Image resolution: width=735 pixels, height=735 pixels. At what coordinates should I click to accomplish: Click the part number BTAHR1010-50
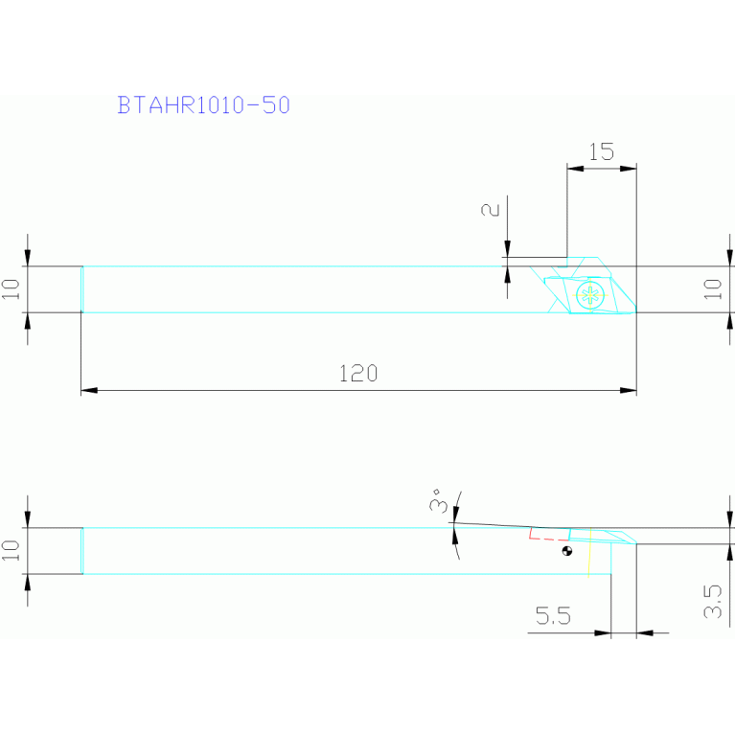coord(203,105)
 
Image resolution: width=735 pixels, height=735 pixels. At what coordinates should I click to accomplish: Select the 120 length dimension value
coord(358,374)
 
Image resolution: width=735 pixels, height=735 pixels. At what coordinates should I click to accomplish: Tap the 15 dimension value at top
coord(602,151)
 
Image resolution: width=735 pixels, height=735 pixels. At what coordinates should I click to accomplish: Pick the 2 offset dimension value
coord(491,210)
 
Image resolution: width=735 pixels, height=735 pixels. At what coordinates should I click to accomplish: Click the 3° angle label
coord(438,500)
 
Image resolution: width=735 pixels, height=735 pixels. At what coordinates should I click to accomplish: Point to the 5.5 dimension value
coord(553,615)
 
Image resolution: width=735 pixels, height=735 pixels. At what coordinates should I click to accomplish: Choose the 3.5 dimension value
coord(713,602)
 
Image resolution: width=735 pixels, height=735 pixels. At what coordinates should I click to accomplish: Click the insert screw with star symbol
coord(590,295)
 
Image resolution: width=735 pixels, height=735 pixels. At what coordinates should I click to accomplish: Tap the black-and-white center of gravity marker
coord(567,551)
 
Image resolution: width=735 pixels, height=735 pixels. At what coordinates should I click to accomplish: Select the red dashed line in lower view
coord(549,536)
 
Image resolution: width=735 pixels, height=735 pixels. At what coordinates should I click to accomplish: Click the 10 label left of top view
coord(11,289)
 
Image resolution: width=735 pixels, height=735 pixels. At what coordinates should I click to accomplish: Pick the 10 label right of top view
coord(713,289)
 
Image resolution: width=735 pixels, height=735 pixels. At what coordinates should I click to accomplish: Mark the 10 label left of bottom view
coord(11,550)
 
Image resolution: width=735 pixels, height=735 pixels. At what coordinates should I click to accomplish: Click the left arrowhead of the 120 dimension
coord(89,390)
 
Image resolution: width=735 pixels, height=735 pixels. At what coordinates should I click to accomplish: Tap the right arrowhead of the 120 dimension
coord(628,390)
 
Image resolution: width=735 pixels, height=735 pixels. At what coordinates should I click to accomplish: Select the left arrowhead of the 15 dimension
coord(576,169)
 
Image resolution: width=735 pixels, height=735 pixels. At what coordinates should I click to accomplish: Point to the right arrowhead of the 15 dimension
coord(628,169)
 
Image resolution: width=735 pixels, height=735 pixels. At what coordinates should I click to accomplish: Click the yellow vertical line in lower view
coord(589,552)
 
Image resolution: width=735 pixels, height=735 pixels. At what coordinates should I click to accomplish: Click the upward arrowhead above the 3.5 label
coord(730,552)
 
